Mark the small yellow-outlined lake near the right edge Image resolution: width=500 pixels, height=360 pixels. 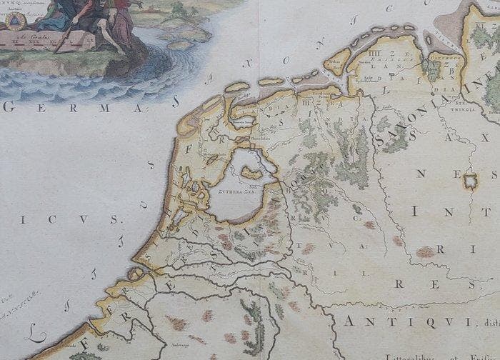(x=469, y=180)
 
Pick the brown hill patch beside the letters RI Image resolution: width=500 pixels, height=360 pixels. (x=426, y=251)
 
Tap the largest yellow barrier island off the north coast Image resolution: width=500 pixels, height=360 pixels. (x=336, y=63)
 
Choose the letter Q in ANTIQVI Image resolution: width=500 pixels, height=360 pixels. (x=415, y=321)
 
